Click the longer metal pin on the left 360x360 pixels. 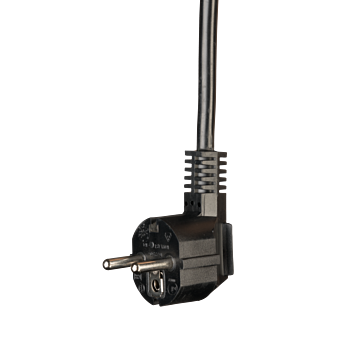(x=125, y=263)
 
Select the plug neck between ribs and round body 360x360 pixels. (x=210, y=222)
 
